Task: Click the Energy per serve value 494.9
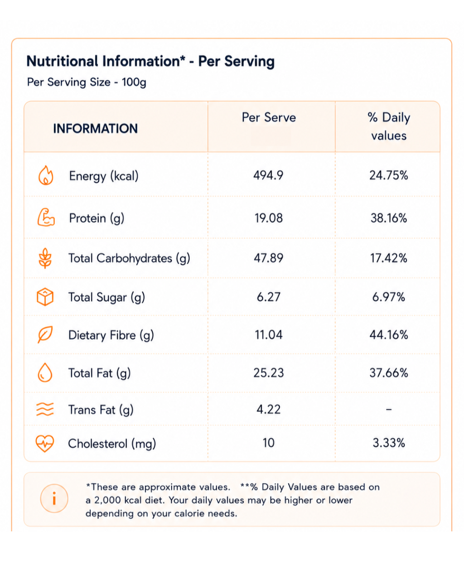point(268,175)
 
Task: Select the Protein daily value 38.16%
point(388,218)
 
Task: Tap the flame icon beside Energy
point(46,175)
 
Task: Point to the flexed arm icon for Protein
point(46,217)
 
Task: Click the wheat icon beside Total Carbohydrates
point(45,258)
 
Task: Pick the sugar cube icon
point(45,297)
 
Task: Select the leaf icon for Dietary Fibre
point(45,334)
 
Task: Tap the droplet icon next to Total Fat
point(45,372)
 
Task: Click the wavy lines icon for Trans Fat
point(45,409)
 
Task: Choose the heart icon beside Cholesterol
point(45,443)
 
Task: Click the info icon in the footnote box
point(54,498)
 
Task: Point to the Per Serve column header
point(269,117)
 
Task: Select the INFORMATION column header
point(96,128)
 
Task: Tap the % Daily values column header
point(389,126)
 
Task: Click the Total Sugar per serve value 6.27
point(269,297)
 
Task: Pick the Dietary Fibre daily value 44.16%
point(388,335)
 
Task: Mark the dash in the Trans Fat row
point(388,409)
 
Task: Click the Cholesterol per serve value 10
point(269,443)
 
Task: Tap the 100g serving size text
point(134,82)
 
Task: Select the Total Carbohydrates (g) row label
point(129,258)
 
